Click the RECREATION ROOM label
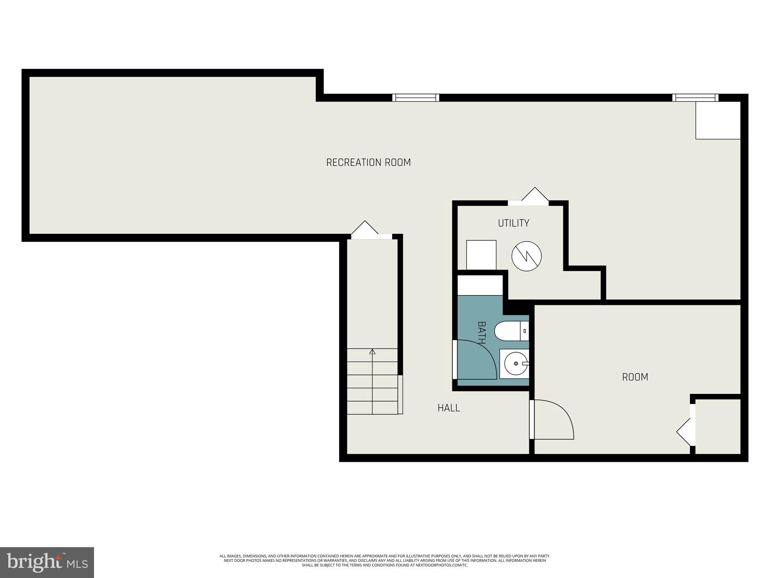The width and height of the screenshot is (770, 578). (368, 163)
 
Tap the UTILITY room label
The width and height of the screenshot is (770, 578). (514, 223)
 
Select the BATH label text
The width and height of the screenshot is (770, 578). (482, 333)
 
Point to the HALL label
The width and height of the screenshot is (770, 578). (449, 408)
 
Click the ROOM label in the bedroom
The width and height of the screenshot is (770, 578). (635, 377)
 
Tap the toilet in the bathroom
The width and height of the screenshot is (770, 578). (511, 331)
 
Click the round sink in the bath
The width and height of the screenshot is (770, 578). (515, 364)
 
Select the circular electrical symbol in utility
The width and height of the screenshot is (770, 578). (526, 256)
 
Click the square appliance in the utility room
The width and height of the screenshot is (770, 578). (481, 255)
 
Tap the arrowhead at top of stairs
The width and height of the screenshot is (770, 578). (372, 352)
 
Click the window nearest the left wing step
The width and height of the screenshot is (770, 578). (415, 98)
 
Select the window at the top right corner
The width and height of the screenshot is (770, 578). (695, 98)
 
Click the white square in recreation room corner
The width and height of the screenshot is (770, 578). (718, 120)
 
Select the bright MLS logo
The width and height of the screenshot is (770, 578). (47, 562)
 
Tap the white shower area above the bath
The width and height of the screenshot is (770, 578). (480, 285)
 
